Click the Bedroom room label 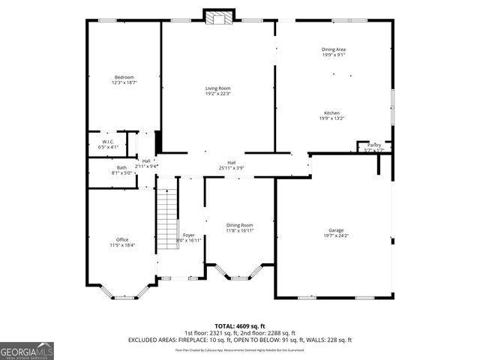click(x=124, y=77)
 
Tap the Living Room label click(x=218, y=88)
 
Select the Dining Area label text click(x=333, y=49)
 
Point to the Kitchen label click(x=332, y=112)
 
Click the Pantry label click(x=373, y=145)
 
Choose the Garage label click(x=335, y=230)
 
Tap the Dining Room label click(x=240, y=225)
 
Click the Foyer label click(x=189, y=235)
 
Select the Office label click(x=122, y=240)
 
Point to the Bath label click(x=121, y=167)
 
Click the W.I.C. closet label click(x=108, y=142)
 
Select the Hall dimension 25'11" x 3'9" click(x=232, y=168)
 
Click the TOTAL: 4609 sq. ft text click(x=240, y=326)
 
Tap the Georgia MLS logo click(x=27, y=349)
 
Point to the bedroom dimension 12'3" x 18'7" click(x=124, y=82)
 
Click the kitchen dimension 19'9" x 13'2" click(x=332, y=118)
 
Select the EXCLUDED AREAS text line click(x=240, y=340)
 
